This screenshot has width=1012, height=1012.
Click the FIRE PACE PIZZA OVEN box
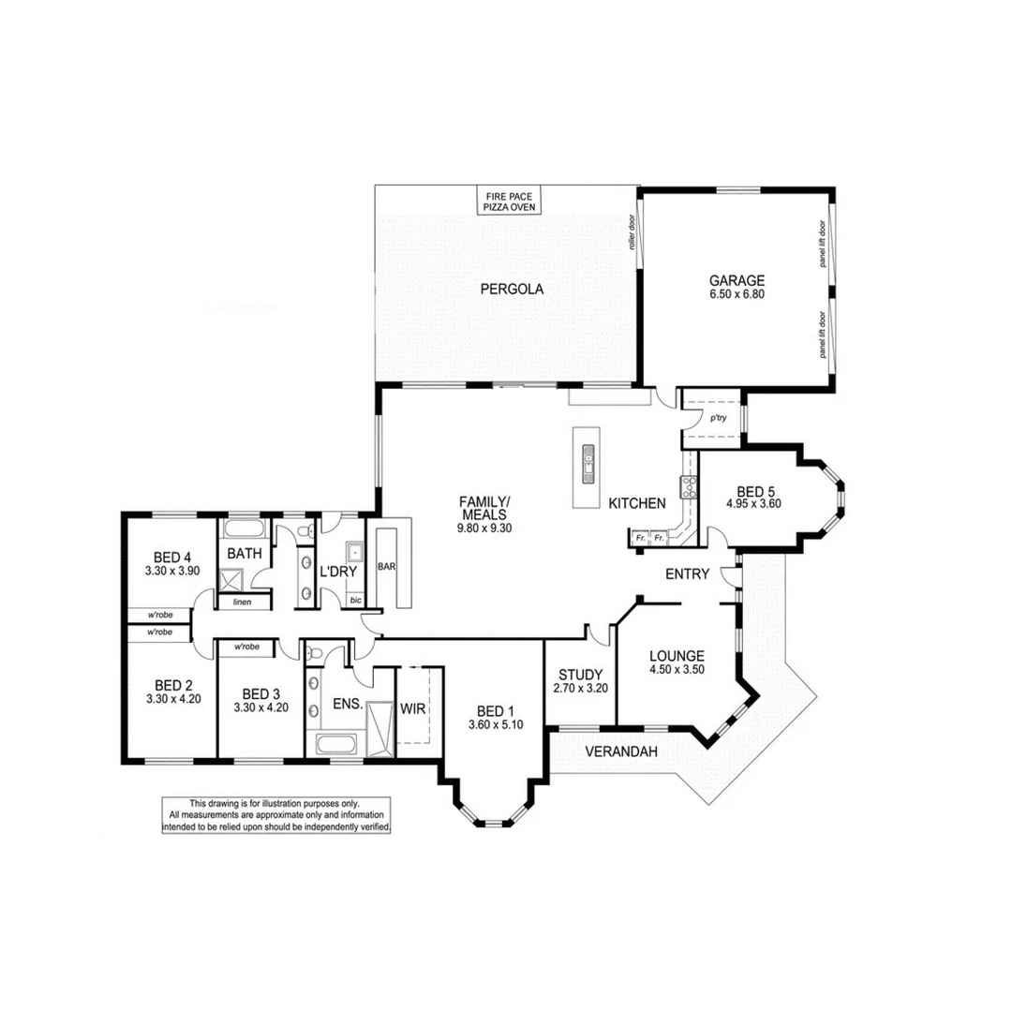click(510, 201)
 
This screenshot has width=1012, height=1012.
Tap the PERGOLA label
click(512, 289)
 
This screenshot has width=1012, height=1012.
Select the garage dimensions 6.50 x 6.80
click(737, 293)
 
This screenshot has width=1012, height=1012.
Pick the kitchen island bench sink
click(588, 460)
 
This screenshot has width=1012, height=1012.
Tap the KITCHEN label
click(637, 503)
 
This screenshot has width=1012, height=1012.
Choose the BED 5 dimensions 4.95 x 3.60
click(753, 503)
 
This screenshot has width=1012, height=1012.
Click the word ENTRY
click(687, 573)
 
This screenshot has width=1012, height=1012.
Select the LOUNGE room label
click(676, 656)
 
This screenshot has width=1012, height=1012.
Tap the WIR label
click(413, 708)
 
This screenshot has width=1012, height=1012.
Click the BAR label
click(386, 567)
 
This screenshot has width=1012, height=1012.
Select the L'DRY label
click(335, 572)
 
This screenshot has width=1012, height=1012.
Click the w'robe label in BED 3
click(246, 647)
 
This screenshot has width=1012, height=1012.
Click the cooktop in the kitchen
click(691, 485)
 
